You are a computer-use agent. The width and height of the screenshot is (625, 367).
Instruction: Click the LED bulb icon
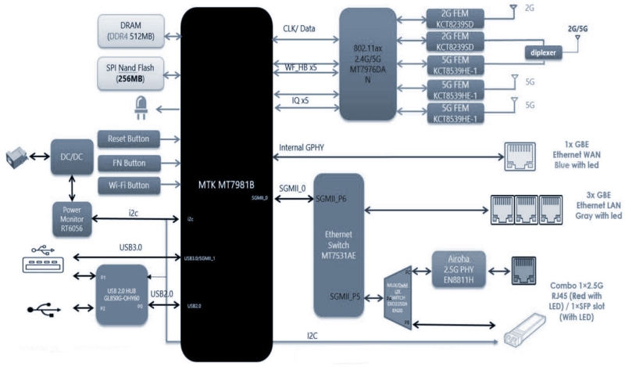pos(141,106)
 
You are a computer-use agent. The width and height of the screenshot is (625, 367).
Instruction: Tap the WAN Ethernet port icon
pos(520,157)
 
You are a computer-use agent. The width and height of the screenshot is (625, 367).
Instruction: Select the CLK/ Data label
pos(299,29)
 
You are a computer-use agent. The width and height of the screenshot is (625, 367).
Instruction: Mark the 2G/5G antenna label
pos(579,27)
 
